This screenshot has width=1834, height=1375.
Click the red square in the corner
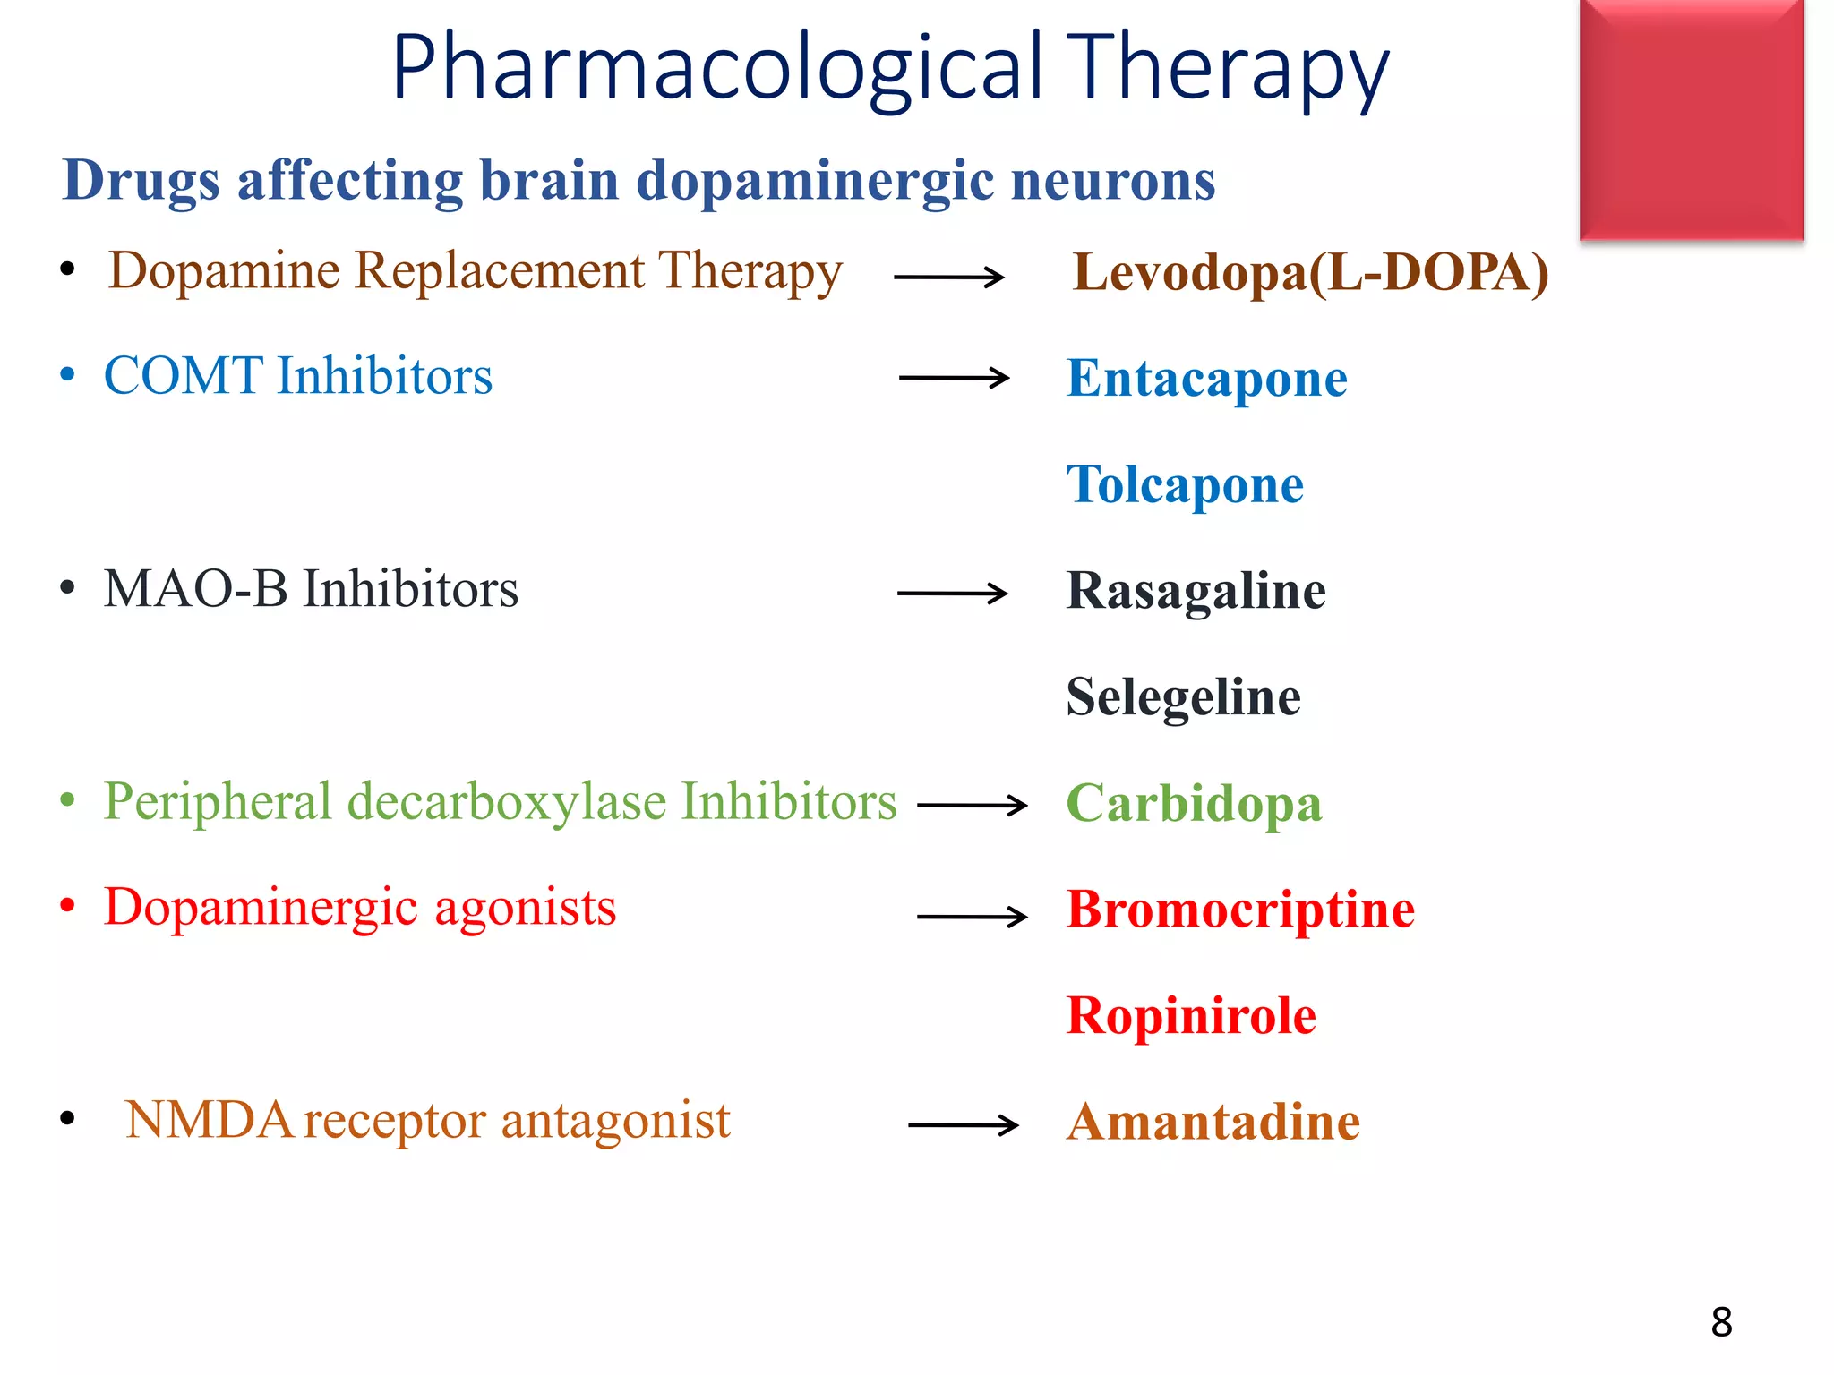(x=1691, y=120)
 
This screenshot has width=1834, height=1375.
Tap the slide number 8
(x=1721, y=1322)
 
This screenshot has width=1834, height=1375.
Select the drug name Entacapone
(x=1206, y=378)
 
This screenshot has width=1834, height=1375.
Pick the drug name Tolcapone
(x=1185, y=484)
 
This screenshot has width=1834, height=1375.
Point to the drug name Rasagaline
(x=1196, y=591)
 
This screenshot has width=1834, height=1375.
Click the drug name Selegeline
(x=1183, y=696)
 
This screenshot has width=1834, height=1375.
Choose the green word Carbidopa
(x=1194, y=803)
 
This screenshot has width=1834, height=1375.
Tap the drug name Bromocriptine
(x=1240, y=910)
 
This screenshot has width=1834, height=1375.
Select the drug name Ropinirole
(x=1191, y=1015)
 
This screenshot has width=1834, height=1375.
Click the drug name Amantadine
(x=1213, y=1122)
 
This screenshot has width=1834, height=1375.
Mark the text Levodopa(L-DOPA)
(x=1310, y=272)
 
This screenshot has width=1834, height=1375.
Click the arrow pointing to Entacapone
(x=954, y=378)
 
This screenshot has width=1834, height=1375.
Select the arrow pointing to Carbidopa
(x=973, y=805)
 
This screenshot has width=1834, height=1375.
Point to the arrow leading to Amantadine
(x=963, y=1124)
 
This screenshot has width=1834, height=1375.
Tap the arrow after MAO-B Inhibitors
(x=952, y=593)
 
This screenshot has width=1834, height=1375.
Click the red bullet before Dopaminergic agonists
(x=67, y=906)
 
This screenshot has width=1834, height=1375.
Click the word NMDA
(x=209, y=1120)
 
